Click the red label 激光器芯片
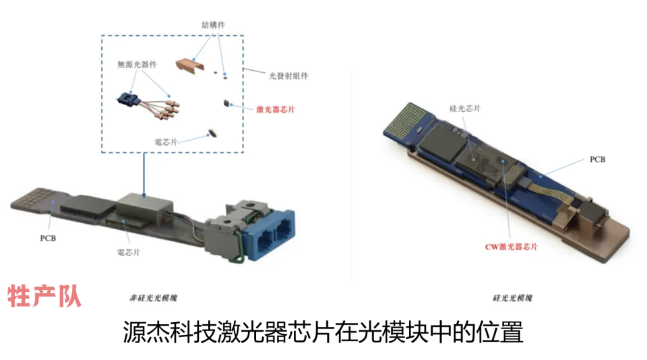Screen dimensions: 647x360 (276, 109)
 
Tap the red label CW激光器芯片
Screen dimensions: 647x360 (512, 247)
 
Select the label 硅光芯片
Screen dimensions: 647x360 (465, 109)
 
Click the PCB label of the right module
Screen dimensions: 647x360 (598, 159)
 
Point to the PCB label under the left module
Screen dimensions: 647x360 (48, 238)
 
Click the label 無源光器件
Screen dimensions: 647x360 (137, 65)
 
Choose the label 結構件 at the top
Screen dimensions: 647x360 (214, 25)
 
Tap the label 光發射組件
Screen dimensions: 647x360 (288, 76)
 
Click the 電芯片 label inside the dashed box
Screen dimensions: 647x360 (166, 142)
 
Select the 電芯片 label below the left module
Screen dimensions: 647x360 (129, 252)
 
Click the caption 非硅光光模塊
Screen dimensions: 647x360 (153, 298)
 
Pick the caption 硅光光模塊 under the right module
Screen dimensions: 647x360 (512, 298)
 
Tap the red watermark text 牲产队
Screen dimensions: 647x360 (44, 295)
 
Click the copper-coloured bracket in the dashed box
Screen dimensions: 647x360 (190, 65)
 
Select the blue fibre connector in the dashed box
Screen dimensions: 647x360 (127, 100)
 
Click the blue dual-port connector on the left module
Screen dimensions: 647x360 (269, 235)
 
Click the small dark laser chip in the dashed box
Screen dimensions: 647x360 (226, 102)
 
